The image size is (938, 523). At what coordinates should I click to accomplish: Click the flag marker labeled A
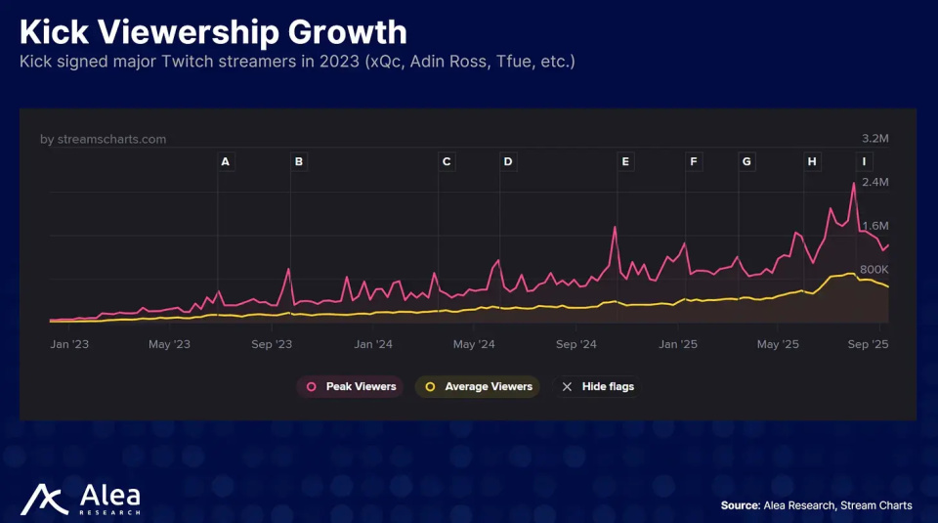226,161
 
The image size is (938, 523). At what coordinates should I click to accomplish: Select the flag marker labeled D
508,161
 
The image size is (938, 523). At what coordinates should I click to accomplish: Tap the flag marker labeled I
864,161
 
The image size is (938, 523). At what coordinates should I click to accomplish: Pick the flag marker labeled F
694,161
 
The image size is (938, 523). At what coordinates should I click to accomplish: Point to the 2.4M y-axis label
874,183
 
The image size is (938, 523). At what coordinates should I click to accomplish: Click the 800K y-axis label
874,270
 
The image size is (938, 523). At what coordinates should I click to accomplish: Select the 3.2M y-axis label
874,139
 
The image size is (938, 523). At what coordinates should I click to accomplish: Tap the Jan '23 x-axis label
70,344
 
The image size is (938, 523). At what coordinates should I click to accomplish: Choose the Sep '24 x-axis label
576,344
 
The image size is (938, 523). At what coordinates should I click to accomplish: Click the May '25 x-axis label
779,344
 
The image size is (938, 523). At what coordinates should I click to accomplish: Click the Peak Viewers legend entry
352,387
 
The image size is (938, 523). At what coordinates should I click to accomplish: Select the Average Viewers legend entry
478,387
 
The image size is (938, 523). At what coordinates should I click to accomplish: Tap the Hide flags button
598,387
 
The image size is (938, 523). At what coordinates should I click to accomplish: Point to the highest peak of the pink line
854,184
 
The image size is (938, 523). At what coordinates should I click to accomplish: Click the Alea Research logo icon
43,500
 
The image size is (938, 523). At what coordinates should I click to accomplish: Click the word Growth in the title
347,32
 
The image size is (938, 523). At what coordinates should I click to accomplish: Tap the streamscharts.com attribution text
104,139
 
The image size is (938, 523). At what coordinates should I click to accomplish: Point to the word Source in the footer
739,505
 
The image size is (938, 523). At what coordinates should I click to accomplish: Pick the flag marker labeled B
299,161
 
